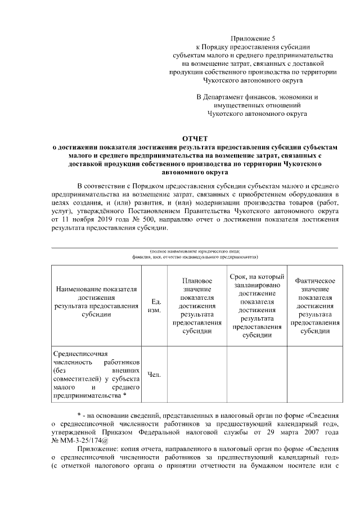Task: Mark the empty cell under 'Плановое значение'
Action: pos(197,375)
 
